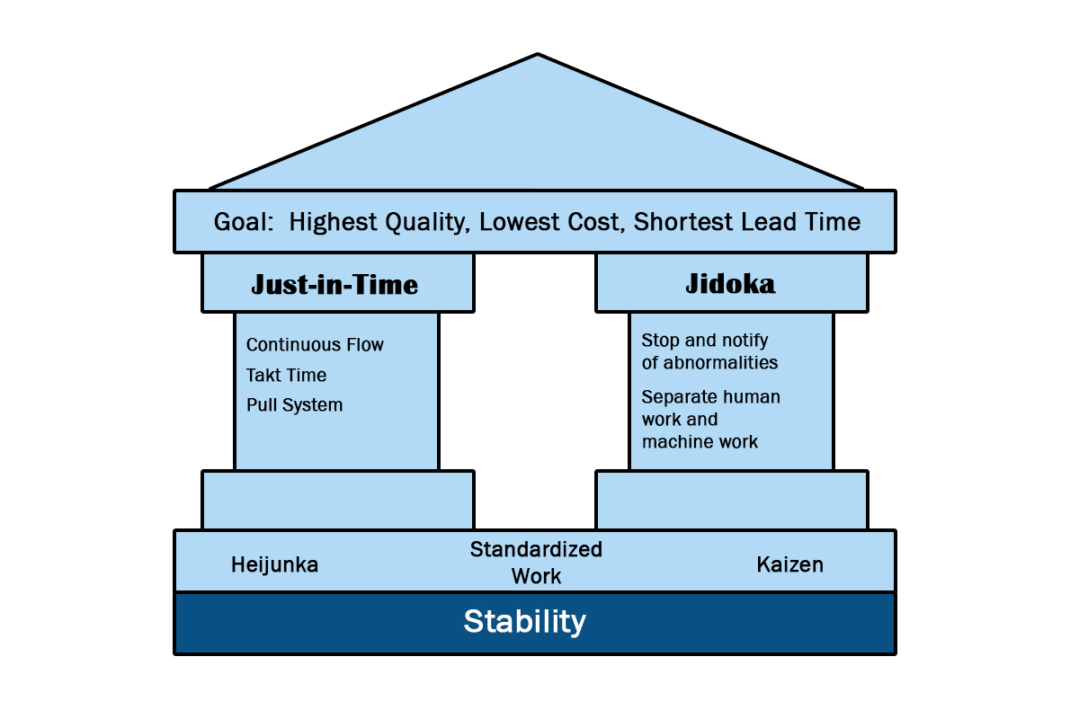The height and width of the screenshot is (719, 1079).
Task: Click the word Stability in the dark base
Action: (x=524, y=622)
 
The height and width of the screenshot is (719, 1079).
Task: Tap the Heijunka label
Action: (x=274, y=565)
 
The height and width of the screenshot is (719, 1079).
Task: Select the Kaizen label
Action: (x=790, y=565)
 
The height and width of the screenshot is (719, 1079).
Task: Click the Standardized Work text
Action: (x=536, y=563)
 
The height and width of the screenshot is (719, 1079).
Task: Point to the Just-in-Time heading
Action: (x=334, y=284)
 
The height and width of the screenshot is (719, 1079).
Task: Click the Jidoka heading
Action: (x=730, y=284)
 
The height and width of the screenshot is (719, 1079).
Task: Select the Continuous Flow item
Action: (x=315, y=345)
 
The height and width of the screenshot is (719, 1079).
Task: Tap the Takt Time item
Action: (x=286, y=375)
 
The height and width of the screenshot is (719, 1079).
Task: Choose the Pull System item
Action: (x=294, y=405)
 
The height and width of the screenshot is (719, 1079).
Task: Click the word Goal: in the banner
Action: (x=244, y=222)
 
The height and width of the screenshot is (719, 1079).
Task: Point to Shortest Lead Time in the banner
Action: (x=747, y=222)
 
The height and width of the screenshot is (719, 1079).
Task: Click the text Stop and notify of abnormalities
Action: (x=709, y=351)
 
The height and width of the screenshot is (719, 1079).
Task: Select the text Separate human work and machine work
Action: (x=711, y=420)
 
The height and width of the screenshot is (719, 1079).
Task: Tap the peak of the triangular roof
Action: (x=538, y=54)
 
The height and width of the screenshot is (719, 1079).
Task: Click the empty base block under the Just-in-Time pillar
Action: (x=338, y=500)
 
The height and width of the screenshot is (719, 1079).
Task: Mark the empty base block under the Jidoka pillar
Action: (x=732, y=500)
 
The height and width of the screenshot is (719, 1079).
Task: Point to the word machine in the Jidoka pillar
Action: (x=675, y=442)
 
